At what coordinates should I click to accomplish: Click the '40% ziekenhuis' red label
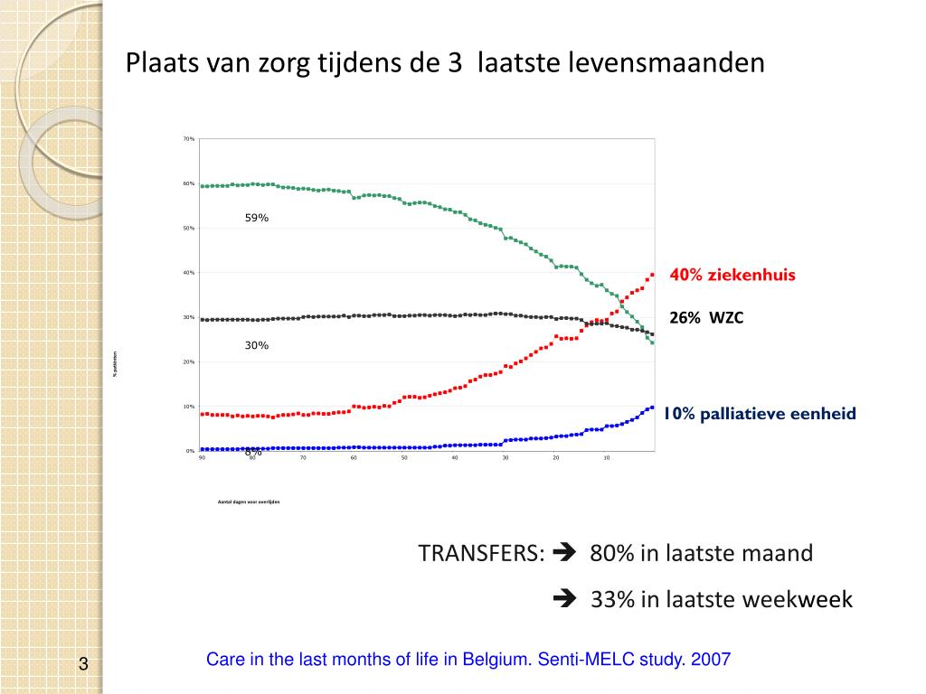coord(732,275)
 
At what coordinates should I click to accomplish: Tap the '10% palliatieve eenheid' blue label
coord(758,414)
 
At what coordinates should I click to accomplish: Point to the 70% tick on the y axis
coord(189,139)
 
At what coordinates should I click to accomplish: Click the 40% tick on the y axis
coord(189,273)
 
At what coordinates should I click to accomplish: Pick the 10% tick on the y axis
coord(189,407)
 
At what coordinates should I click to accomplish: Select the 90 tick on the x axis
coord(203,458)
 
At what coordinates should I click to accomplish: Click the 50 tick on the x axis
coord(404,458)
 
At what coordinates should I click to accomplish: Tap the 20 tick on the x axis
coord(556,458)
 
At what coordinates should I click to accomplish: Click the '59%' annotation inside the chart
coord(257,218)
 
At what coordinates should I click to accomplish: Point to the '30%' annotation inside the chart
coord(257,345)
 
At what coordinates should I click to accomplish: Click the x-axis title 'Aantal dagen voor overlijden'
coord(249,502)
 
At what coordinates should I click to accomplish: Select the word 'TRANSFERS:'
coord(481,553)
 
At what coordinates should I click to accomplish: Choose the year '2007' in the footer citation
coord(710,660)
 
